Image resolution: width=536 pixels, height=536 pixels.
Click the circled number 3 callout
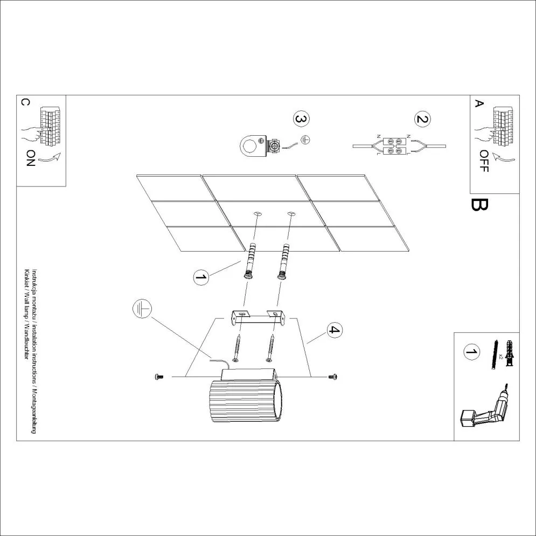pyautogui.click(x=302, y=119)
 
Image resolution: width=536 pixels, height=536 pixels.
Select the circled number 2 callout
pyautogui.click(x=422, y=119)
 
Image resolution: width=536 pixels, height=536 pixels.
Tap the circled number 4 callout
pyautogui.click(x=335, y=330)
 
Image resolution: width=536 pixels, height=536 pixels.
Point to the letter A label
pyautogui.click(x=478, y=103)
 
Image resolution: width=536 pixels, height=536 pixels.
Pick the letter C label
pyautogui.click(x=25, y=102)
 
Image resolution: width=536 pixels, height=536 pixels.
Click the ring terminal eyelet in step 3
pyautogui.click(x=251, y=144)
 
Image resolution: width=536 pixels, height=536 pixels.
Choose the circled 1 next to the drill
pyautogui.click(x=471, y=353)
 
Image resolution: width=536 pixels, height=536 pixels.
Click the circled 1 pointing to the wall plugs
pyautogui.click(x=200, y=277)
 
